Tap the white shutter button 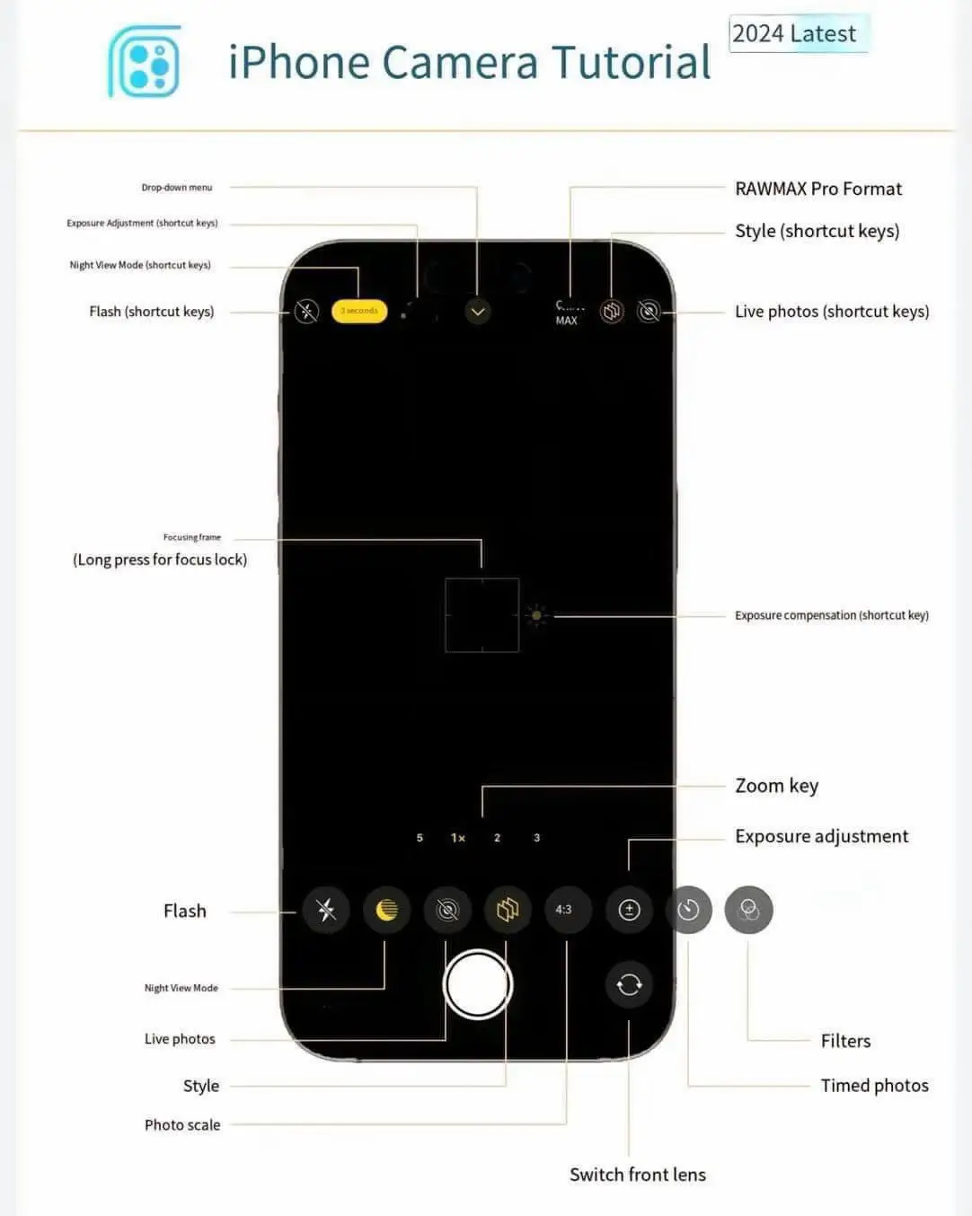click(x=478, y=984)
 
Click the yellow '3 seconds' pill click(x=359, y=311)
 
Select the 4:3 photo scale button click(x=564, y=910)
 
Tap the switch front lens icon click(x=629, y=984)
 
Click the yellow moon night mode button click(x=386, y=910)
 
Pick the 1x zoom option click(x=458, y=838)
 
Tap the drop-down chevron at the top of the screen click(x=478, y=312)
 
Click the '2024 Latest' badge click(x=796, y=34)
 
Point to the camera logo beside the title click(x=145, y=62)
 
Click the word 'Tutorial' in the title click(x=631, y=63)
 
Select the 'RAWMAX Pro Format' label click(x=817, y=189)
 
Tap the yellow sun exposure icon click(x=537, y=616)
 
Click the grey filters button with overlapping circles click(x=748, y=911)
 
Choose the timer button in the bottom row click(x=689, y=910)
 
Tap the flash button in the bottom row click(x=326, y=910)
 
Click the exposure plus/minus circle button click(x=629, y=910)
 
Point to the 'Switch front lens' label click(x=637, y=1175)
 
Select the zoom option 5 click(x=420, y=838)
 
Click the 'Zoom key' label click(x=776, y=786)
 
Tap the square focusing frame click(x=482, y=615)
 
